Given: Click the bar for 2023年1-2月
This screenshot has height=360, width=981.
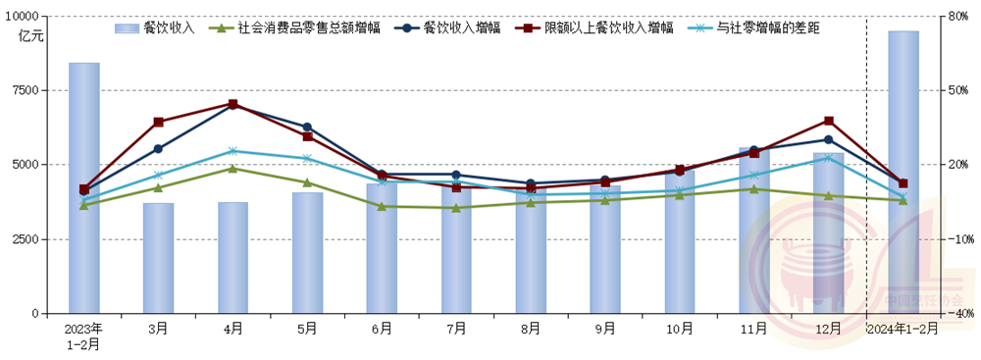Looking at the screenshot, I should [83, 188].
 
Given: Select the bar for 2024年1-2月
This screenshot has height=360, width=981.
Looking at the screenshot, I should [904, 172].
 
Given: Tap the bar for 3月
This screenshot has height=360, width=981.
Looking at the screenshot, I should [158, 258].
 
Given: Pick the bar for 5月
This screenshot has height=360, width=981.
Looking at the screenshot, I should [307, 253].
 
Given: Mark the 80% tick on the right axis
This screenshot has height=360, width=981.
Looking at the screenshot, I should [955, 17].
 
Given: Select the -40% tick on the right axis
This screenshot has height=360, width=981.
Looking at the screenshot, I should [954, 314].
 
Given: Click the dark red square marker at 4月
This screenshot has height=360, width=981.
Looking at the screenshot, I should [232, 104].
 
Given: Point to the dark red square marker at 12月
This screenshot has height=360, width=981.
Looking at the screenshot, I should [829, 121].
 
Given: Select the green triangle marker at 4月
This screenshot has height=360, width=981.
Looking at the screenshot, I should [232, 168].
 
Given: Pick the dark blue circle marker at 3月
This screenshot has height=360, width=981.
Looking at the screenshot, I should [158, 148].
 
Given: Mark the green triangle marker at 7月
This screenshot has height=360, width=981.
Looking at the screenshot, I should [456, 208].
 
